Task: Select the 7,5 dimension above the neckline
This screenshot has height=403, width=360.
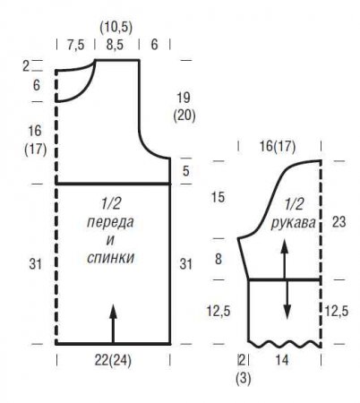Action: pos(76,45)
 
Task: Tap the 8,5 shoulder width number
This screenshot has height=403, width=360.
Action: pos(115,45)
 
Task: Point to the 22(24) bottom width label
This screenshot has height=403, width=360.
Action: pos(113,361)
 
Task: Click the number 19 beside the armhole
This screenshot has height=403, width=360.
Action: pos(184,98)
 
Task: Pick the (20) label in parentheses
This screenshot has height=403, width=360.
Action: pos(184,115)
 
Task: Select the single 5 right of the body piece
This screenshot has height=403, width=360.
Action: pos(186,171)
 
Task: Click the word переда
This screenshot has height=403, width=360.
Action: pos(110,222)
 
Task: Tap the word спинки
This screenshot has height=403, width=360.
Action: pos(110,258)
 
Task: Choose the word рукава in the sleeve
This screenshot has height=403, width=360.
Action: pos(293,223)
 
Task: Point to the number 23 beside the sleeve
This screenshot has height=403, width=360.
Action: pos(339,222)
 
